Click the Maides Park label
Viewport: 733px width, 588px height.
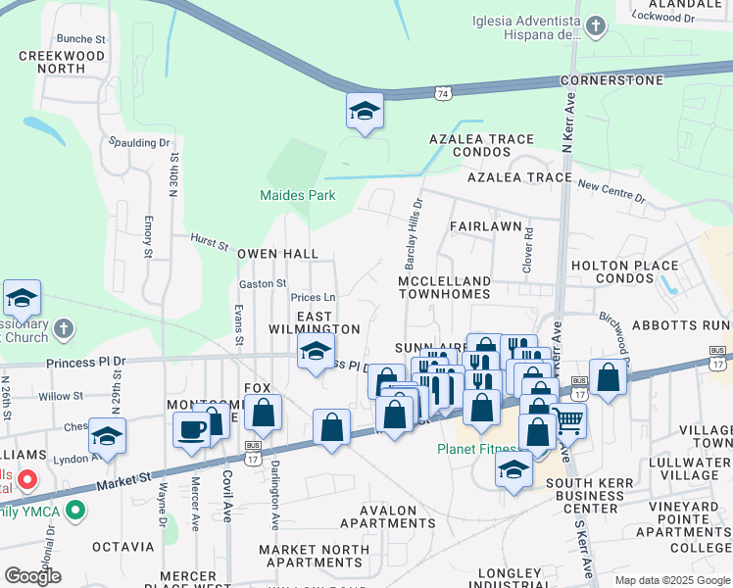[298, 195]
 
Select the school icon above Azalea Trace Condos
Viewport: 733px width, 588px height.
[364, 112]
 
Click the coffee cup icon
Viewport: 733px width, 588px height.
[192, 427]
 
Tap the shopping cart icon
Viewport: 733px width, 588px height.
[568, 421]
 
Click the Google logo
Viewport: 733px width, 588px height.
[33, 575]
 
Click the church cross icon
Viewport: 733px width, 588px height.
[65, 328]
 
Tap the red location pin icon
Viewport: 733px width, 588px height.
[27, 480]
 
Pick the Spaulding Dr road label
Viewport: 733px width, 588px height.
[139, 143]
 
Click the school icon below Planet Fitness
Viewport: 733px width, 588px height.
[513, 470]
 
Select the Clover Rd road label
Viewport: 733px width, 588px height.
[528, 250]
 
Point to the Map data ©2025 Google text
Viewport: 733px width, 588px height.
[671, 580]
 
